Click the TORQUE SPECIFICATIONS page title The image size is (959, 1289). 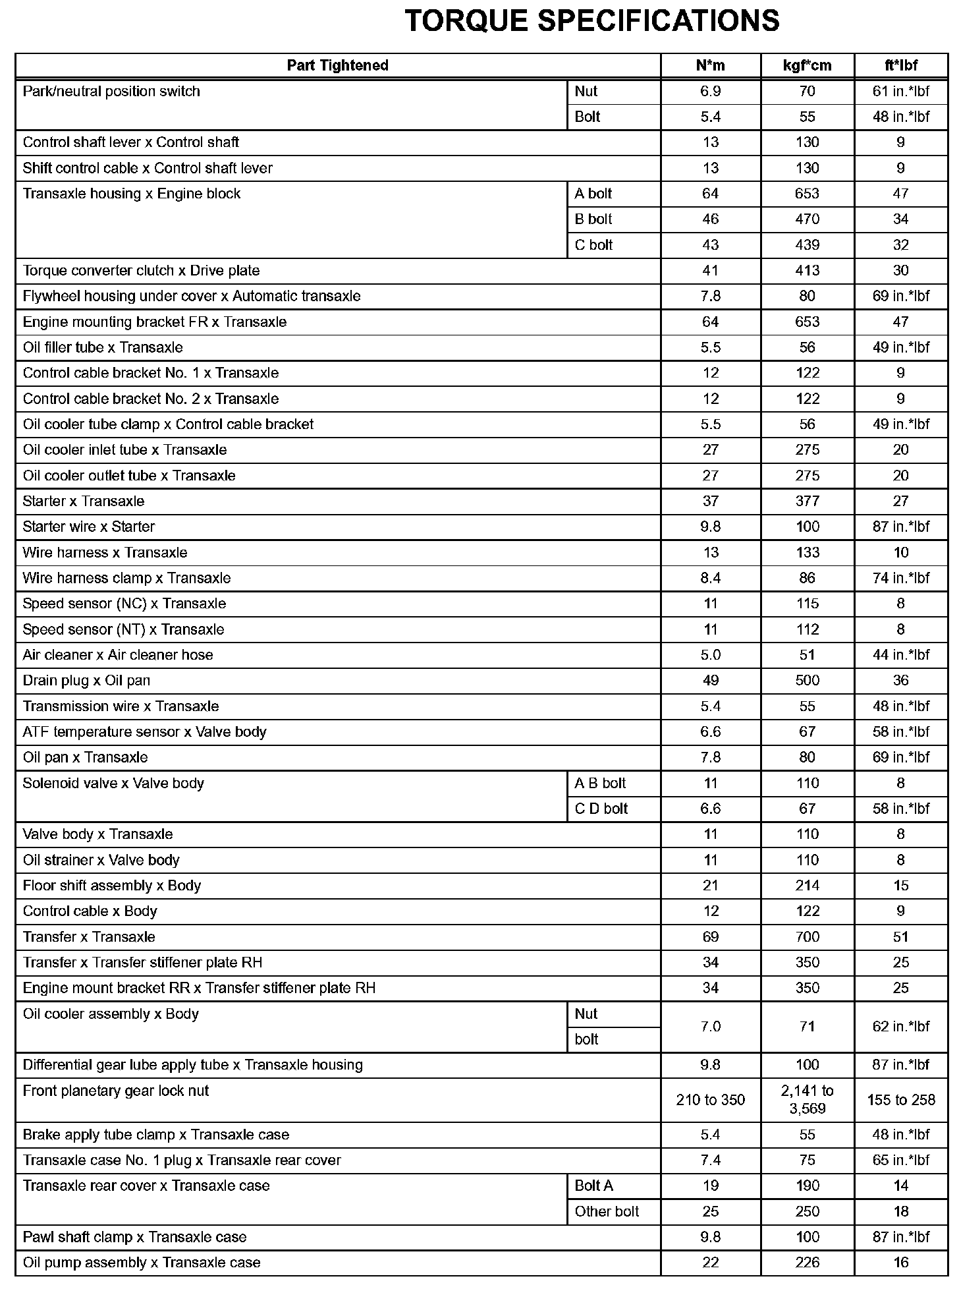591,21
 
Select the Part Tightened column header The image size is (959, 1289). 337,65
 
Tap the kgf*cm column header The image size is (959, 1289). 807,65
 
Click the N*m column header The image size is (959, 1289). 710,65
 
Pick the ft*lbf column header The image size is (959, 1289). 900,65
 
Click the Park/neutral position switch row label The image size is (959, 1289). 111,92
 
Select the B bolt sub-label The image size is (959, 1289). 593,219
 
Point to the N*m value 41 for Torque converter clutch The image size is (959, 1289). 710,270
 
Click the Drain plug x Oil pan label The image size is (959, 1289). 86,680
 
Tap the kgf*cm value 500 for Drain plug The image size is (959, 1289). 807,680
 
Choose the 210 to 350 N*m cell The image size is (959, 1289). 710,1100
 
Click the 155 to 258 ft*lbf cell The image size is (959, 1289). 900,1100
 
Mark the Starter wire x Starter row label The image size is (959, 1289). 89,527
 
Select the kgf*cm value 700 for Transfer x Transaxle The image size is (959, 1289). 807,936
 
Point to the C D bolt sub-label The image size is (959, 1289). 601,809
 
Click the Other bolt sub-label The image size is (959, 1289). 607,1211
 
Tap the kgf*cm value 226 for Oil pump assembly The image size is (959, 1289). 807,1263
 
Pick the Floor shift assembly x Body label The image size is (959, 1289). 111,886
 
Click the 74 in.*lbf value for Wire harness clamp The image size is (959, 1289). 900,578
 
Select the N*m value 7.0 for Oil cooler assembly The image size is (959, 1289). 710,1026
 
